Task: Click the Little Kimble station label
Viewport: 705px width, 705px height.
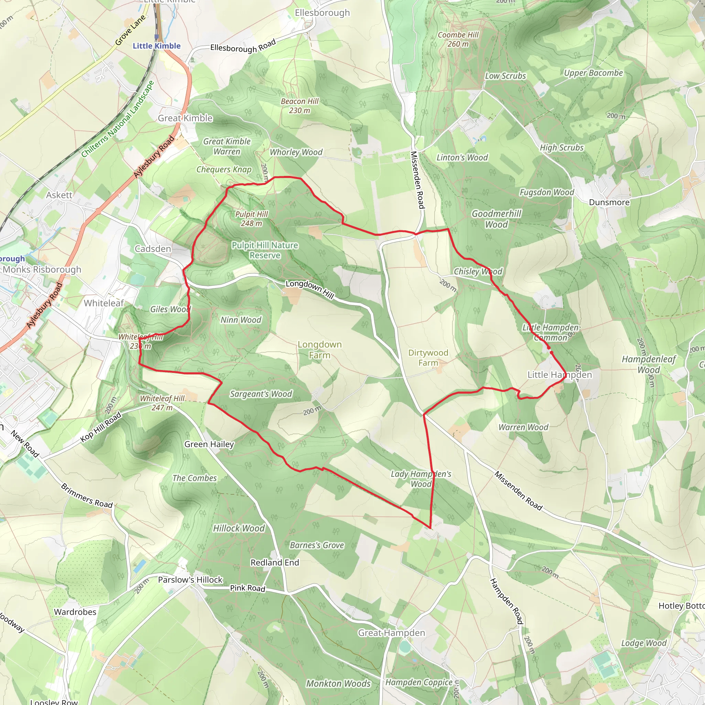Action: point(157,46)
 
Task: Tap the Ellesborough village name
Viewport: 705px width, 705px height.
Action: point(322,13)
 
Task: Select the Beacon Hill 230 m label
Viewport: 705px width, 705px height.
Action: point(299,106)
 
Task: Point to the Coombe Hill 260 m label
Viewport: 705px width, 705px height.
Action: point(458,39)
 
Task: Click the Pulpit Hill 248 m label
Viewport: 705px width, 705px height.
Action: point(251,219)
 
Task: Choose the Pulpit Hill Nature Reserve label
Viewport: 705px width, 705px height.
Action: point(265,250)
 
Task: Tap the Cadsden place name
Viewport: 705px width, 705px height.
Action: point(153,249)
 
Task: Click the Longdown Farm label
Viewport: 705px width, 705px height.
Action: point(320,350)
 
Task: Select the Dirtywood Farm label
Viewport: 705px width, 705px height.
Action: point(428,358)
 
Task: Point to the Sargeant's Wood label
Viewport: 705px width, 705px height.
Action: point(261,394)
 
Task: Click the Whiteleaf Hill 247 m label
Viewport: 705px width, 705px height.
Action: point(162,403)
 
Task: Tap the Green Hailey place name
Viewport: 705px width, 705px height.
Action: point(209,444)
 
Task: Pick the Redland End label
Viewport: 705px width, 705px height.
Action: point(275,562)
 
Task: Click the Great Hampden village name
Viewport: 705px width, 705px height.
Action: point(391,633)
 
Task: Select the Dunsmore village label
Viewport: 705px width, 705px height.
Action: point(609,202)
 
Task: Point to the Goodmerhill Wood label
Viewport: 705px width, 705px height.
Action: point(496,219)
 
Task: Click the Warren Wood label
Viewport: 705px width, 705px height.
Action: point(523,427)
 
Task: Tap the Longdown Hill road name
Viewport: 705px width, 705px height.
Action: point(310,290)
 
